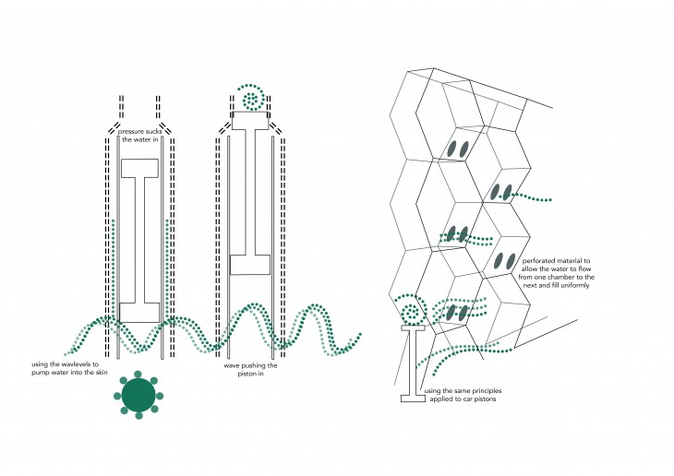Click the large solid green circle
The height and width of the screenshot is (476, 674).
click(x=138, y=394)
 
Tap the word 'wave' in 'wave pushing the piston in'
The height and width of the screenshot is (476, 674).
click(x=234, y=364)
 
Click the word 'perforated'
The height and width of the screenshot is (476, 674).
click(x=539, y=259)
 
